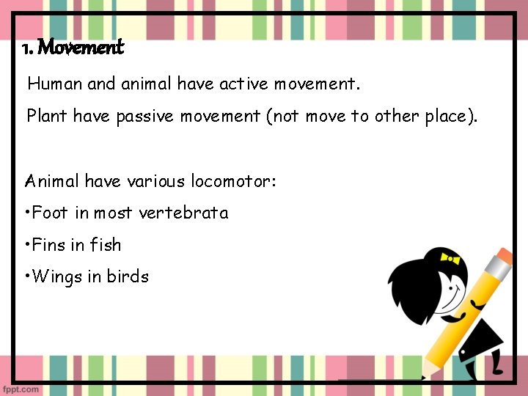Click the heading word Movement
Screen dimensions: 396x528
[81, 48]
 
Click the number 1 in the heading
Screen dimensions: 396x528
[26, 49]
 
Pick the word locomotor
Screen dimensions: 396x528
[234, 180]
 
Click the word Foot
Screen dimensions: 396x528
[51, 213]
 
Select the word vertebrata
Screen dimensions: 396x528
[183, 213]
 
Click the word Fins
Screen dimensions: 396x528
[50, 245]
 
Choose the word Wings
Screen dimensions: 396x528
[58, 277]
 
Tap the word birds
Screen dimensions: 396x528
[128, 276]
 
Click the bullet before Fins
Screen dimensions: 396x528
[26, 245]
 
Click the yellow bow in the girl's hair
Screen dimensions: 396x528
[450, 258]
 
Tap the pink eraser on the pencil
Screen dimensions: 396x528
[502, 257]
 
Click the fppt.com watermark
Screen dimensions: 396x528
[21, 389]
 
